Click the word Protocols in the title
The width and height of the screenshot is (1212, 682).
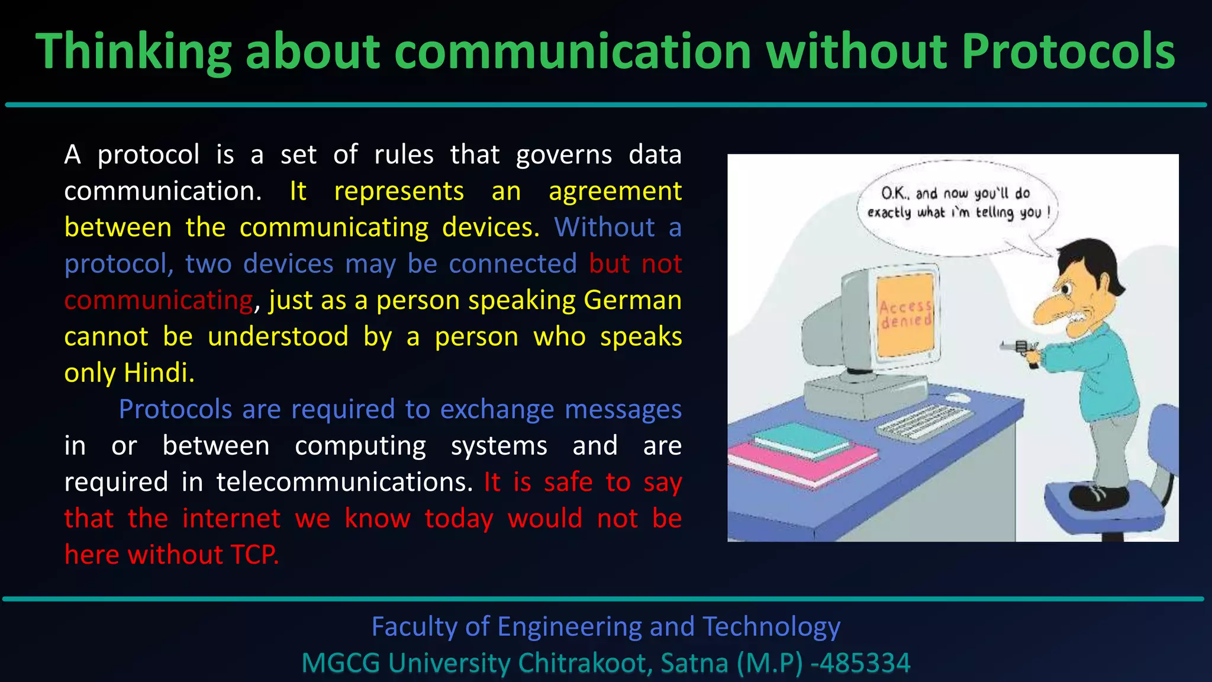tap(1068, 52)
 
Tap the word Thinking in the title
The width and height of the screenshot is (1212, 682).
tap(133, 52)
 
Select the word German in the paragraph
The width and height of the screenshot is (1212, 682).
tap(632, 300)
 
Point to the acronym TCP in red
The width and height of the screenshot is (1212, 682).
tap(253, 555)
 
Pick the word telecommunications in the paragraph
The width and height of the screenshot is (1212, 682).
tap(344, 482)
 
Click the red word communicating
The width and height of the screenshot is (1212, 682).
tap(159, 300)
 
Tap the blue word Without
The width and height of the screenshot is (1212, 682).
tap(604, 227)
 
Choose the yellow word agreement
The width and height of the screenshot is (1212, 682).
tap(615, 191)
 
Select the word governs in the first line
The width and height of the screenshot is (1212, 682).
tap(563, 155)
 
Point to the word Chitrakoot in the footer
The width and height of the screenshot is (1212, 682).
tap(585, 663)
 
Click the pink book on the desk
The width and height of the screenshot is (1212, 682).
tap(802, 463)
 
